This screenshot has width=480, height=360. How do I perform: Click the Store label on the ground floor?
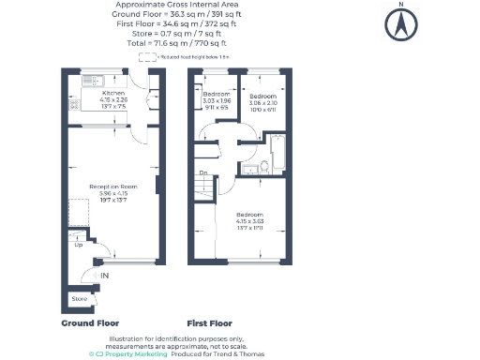(x=79, y=299)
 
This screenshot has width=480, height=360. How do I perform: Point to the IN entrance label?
(x=105, y=275)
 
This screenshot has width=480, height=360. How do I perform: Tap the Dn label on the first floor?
(x=203, y=172)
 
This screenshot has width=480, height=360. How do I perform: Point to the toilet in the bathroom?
(x=265, y=166)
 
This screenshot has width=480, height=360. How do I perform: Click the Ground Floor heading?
(x=90, y=322)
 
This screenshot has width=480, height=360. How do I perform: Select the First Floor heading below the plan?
(x=210, y=322)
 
